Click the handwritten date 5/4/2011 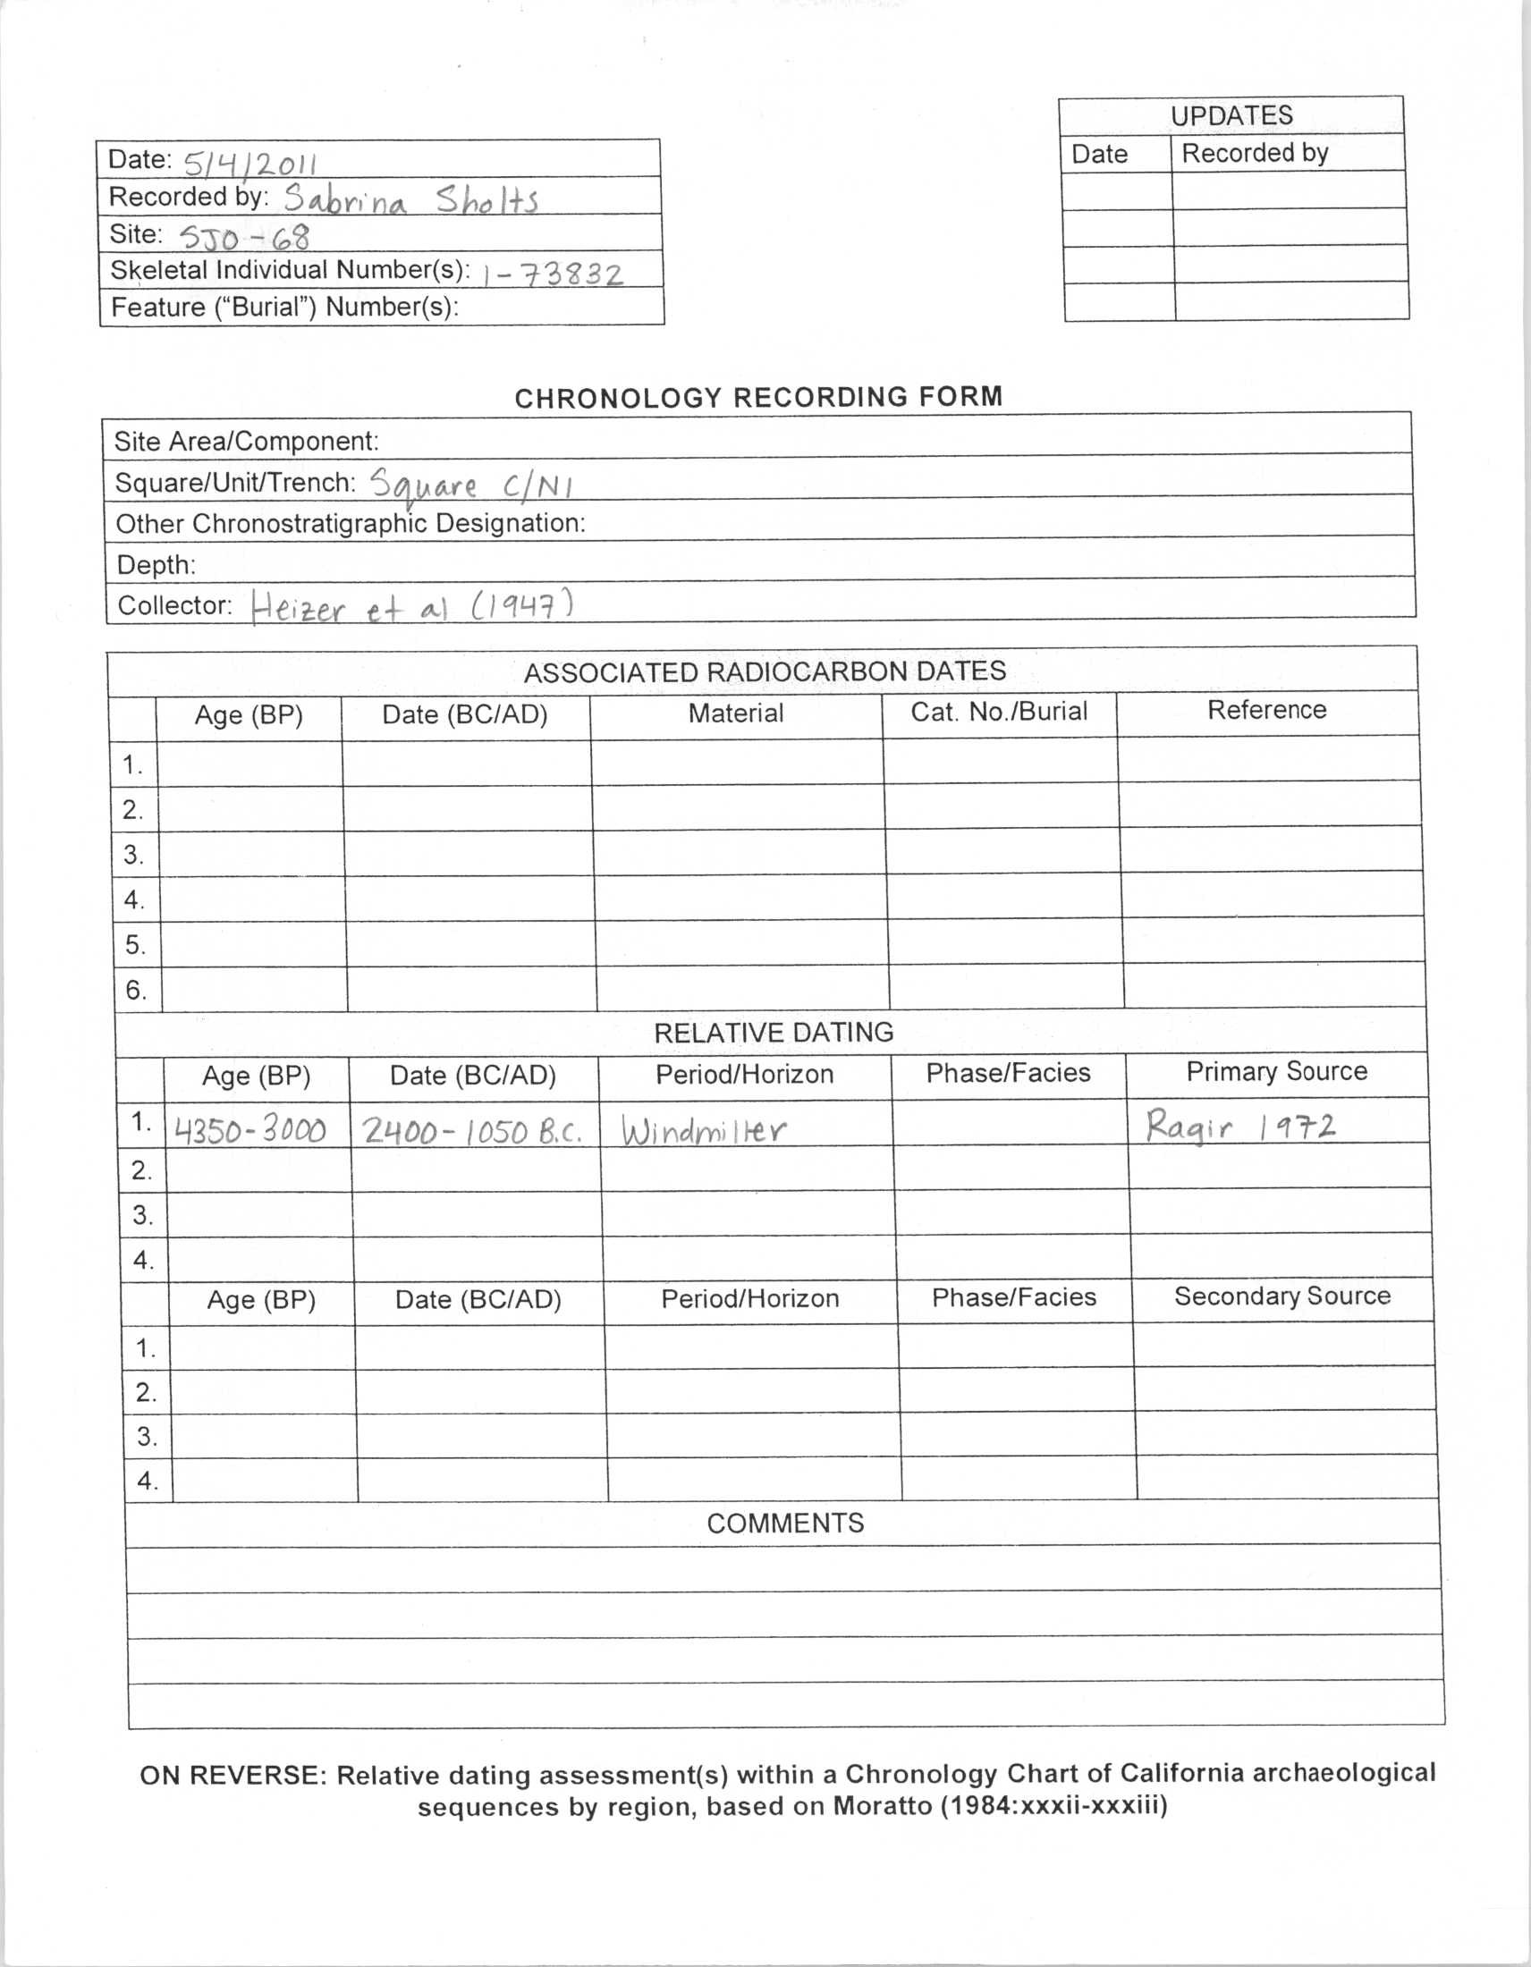(250, 163)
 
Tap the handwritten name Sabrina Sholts (410, 199)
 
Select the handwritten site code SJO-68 (244, 237)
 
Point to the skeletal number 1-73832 (552, 273)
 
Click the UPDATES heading (1231, 115)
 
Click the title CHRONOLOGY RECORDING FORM (758, 397)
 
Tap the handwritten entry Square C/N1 (472, 485)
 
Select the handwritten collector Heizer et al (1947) (411, 606)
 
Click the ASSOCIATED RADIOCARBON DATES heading (765, 671)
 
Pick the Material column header (736, 713)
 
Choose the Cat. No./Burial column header (999, 713)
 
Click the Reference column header (1266, 711)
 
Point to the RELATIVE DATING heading (774, 1032)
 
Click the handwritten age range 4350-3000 (250, 1129)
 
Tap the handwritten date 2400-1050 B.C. (472, 1130)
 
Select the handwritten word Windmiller (704, 1129)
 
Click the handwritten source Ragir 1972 (1240, 1126)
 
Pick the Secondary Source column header (1281, 1296)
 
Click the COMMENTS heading (784, 1523)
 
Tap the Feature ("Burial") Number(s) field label (284, 307)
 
